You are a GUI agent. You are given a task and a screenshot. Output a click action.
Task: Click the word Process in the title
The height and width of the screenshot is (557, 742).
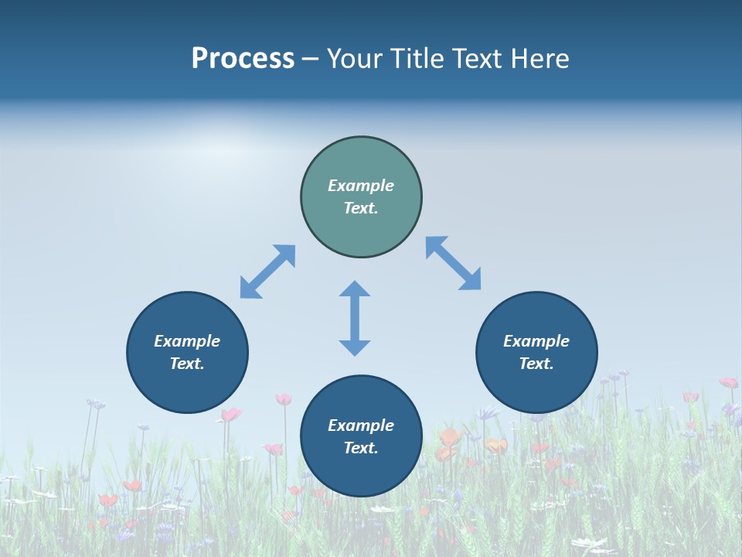[243, 59]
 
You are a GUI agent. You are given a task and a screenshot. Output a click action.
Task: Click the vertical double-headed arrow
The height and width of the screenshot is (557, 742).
[355, 318]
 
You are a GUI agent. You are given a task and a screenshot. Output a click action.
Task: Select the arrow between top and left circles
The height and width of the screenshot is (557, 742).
[267, 272]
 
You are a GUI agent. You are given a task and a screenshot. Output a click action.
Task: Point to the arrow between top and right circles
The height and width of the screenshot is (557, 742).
[454, 263]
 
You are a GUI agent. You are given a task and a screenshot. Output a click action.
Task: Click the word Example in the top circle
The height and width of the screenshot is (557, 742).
[361, 186]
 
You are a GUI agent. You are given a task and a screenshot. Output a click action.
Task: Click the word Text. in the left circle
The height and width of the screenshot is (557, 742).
[187, 364]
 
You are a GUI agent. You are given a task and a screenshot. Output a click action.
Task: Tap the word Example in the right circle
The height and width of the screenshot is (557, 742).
[536, 341]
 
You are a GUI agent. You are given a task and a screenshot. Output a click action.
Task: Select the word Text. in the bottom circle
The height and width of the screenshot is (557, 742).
[361, 448]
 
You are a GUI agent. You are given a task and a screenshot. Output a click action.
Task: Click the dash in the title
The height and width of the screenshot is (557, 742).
[310, 59]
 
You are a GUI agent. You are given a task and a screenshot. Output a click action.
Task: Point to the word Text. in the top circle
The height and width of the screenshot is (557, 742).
[361, 208]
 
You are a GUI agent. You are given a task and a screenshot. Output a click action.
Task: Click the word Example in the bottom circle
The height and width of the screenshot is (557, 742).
[361, 425]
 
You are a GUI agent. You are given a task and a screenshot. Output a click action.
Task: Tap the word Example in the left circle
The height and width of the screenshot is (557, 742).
[187, 341]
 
